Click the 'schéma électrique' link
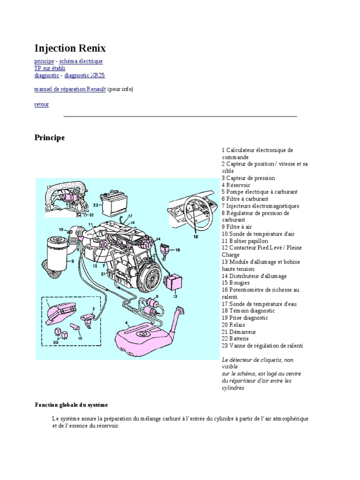[81, 61]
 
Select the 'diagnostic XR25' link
[84, 75]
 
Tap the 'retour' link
[42, 105]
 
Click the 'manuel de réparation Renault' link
[70, 89]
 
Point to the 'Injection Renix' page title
[70, 48]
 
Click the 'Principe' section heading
[50, 138]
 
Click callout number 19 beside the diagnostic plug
[178, 250]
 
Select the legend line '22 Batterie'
[235, 338]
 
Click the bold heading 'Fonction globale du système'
[71, 405]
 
